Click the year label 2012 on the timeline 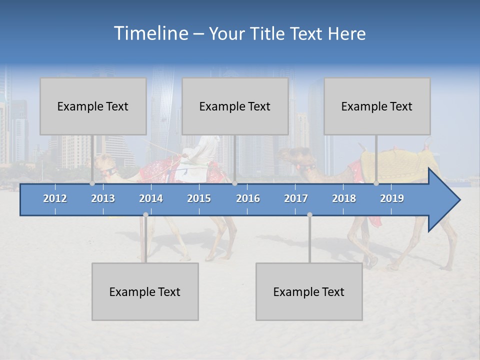tap(55, 198)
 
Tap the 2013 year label tap(103, 198)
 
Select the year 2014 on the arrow tap(151, 198)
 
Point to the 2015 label tap(199, 198)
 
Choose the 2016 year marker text tap(248, 198)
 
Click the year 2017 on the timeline tap(296, 198)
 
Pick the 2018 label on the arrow tap(344, 198)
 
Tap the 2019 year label tap(392, 198)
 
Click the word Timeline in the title tap(150, 33)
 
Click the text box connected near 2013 tap(93, 106)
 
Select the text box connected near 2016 tap(235, 106)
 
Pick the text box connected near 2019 tap(377, 106)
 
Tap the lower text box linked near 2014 tap(145, 291)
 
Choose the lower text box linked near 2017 tap(309, 291)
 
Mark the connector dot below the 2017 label tap(309, 214)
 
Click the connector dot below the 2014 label tap(145, 214)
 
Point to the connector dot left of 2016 tap(234, 183)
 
